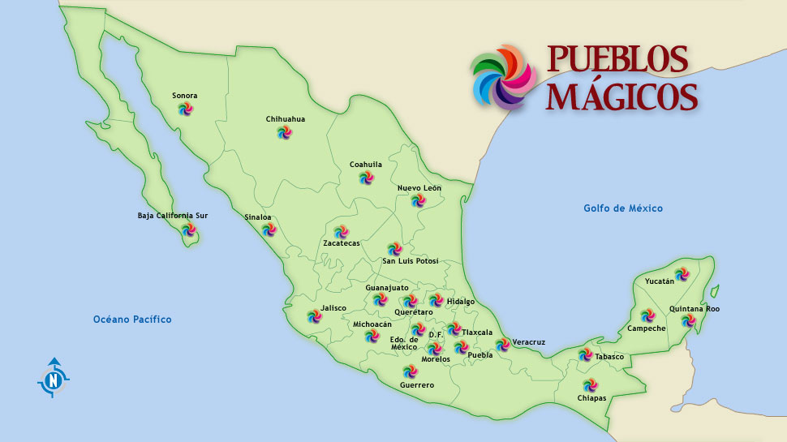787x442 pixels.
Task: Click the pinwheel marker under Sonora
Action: (185, 109)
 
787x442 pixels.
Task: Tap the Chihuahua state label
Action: (286, 119)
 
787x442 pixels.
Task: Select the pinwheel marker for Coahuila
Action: (367, 178)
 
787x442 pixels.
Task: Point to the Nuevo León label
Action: (419, 188)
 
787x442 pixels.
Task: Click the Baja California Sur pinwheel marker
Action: (188, 230)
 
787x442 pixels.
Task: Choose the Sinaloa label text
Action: (258, 217)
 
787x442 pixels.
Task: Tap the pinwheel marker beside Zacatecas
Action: (340, 232)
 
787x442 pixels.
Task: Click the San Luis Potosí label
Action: (411, 261)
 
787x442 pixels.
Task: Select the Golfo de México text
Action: (623, 208)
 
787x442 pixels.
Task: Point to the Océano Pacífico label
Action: (132, 320)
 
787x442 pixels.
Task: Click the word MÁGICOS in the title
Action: (621, 96)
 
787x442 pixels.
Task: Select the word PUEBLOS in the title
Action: (617, 58)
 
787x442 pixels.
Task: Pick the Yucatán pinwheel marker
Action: (681, 274)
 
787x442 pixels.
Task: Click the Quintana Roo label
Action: (694, 309)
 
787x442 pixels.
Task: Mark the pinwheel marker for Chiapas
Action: (589, 385)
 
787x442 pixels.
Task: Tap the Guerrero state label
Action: (417, 385)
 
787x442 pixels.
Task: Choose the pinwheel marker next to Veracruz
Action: (503, 345)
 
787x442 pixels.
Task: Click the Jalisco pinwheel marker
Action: (314, 316)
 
